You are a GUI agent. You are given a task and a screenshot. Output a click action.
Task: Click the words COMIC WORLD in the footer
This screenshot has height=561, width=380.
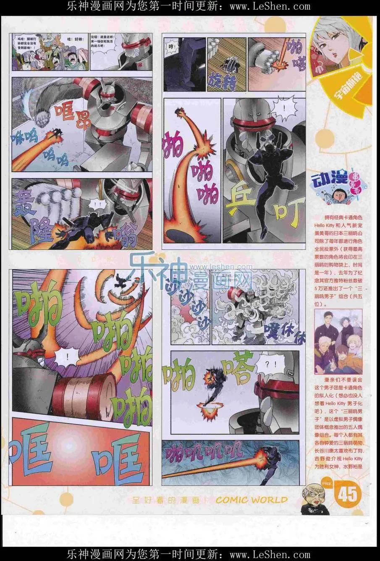pyautogui.click(x=252, y=499)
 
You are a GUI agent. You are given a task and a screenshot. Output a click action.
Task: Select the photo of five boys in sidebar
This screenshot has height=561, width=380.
pyautogui.click(x=338, y=342)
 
